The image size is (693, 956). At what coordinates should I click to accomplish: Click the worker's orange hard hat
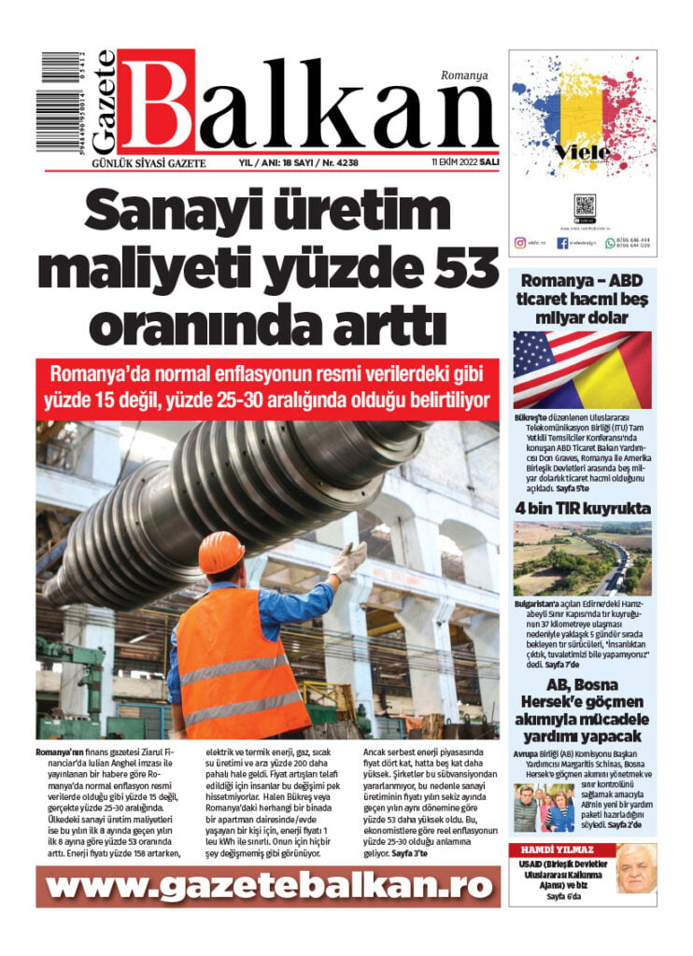(x=221, y=552)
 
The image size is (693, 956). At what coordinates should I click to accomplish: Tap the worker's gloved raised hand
(x=349, y=560)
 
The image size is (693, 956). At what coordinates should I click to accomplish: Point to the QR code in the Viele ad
(x=584, y=205)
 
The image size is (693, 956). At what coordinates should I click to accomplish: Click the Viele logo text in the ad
(x=582, y=151)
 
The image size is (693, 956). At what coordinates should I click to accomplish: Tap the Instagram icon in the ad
(x=520, y=243)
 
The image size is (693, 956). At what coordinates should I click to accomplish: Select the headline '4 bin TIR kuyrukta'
(x=582, y=509)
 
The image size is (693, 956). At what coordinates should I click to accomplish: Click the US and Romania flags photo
(x=582, y=370)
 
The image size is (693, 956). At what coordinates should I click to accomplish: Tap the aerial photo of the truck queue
(x=582, y=558)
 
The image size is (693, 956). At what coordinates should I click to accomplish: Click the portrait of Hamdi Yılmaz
(x=636, y=868)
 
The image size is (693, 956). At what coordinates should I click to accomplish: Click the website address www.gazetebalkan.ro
(x=267, y=886)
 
